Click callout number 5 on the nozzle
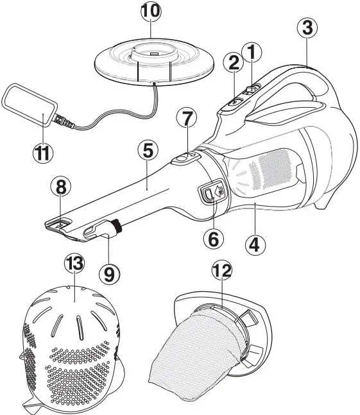coord(148,151)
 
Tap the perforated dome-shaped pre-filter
coord(71,346)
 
